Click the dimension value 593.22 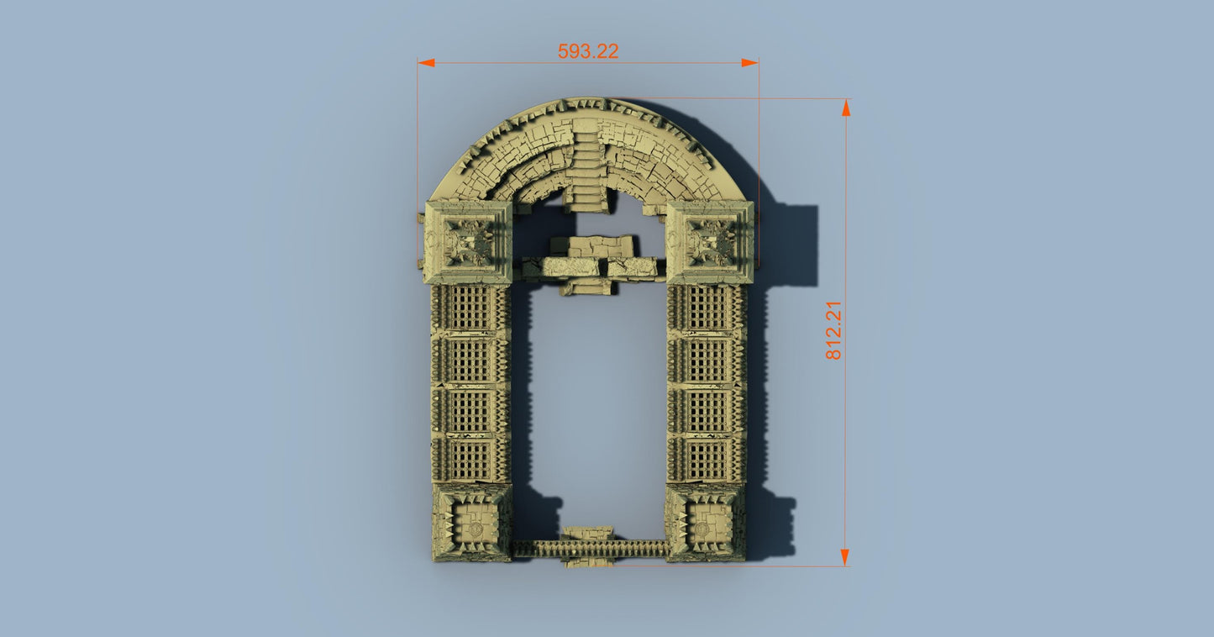(588, 51)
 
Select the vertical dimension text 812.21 (833, 330)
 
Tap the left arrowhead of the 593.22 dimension (426, 63)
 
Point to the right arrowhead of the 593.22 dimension (749, 63)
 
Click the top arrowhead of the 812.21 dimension (845, 108)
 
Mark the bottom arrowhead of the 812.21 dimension (845, 557)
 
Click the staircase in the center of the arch (588, 168)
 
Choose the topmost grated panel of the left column (470, 310)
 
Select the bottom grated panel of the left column (470, 459)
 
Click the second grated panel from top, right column (707, 361)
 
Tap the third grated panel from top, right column (707, 410)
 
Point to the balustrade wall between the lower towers (588, 548)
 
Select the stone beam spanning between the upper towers (588, 267)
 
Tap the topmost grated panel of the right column (707, 310)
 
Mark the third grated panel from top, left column (470, 410)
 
